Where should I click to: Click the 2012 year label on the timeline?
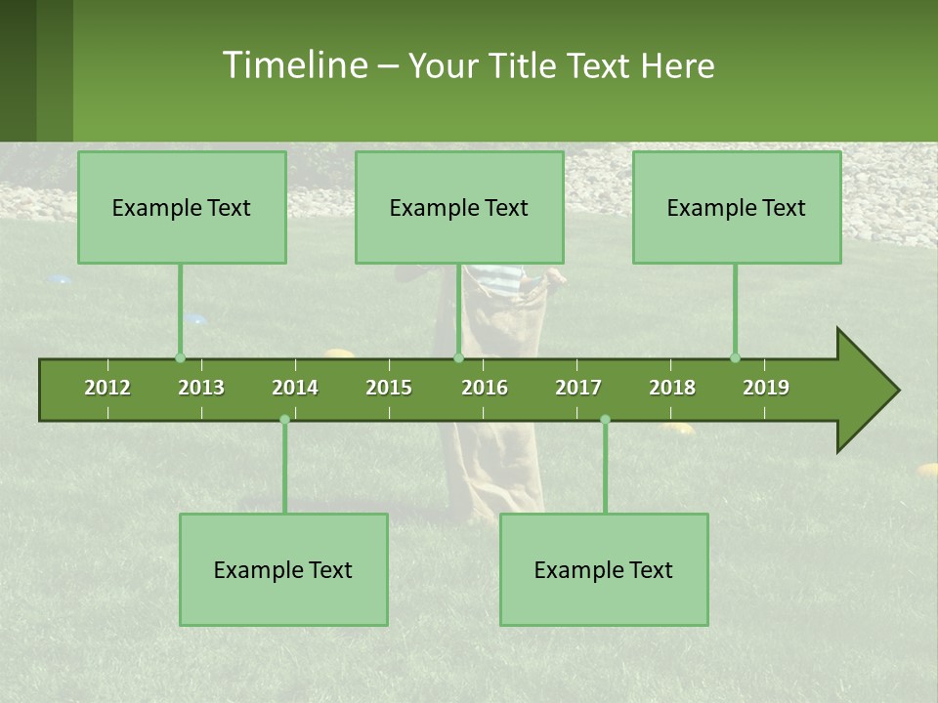(x=107, y=388)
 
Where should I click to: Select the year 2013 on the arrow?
(x=201, y=388)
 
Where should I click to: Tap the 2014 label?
(x=295, y=388)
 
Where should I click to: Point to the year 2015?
(x=389, y=388)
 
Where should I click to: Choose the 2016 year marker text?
(x=485, y=388)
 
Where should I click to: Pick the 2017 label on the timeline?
(x=578, y=388)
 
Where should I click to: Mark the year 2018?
(x=672, y=388)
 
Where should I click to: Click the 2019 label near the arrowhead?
(x=766, y=388)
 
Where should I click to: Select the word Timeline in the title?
(x=293, y=65)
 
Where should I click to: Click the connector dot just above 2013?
(x=180, y=358)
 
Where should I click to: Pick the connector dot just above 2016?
(x=458, y=358)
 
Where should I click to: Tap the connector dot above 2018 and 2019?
(x=735, y=358)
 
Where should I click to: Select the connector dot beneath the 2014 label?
(x=284, y=420)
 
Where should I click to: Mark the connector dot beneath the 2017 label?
(x=605, y=420)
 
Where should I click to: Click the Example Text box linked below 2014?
(x=283, y=570)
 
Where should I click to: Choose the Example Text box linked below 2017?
(x=604, y=570)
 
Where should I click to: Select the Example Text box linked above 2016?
(x=459, y=208)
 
